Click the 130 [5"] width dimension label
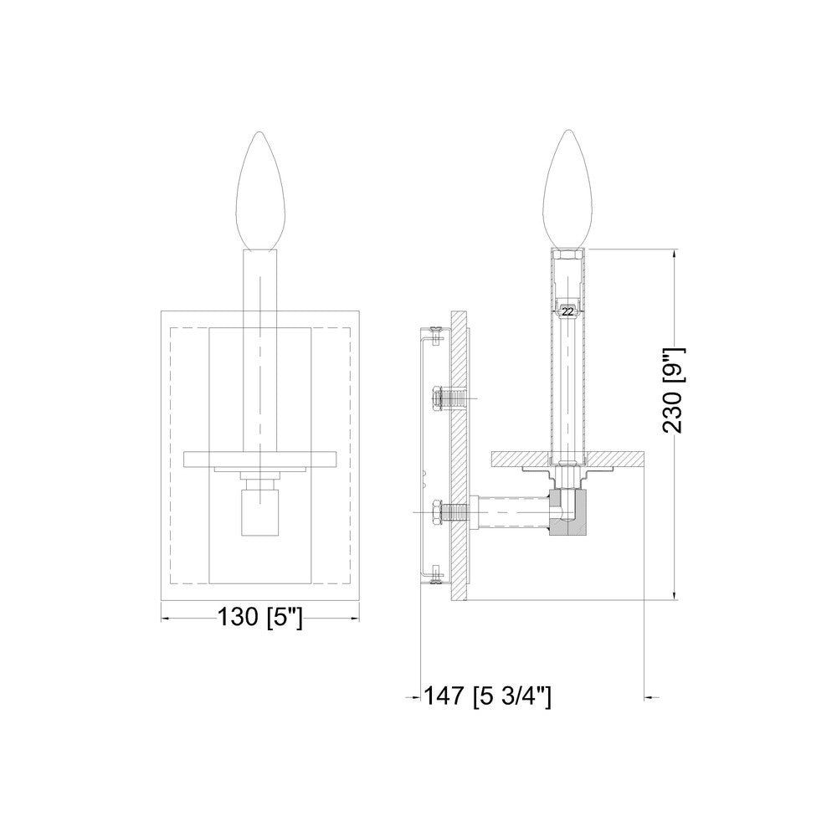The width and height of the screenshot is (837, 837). point(260,619)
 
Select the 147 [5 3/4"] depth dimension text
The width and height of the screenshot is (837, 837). point(487,696)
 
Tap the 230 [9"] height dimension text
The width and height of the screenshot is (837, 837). point(673,390)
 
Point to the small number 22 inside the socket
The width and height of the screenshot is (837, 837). point(568,311)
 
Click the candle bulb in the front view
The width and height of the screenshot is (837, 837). point(260,191)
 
